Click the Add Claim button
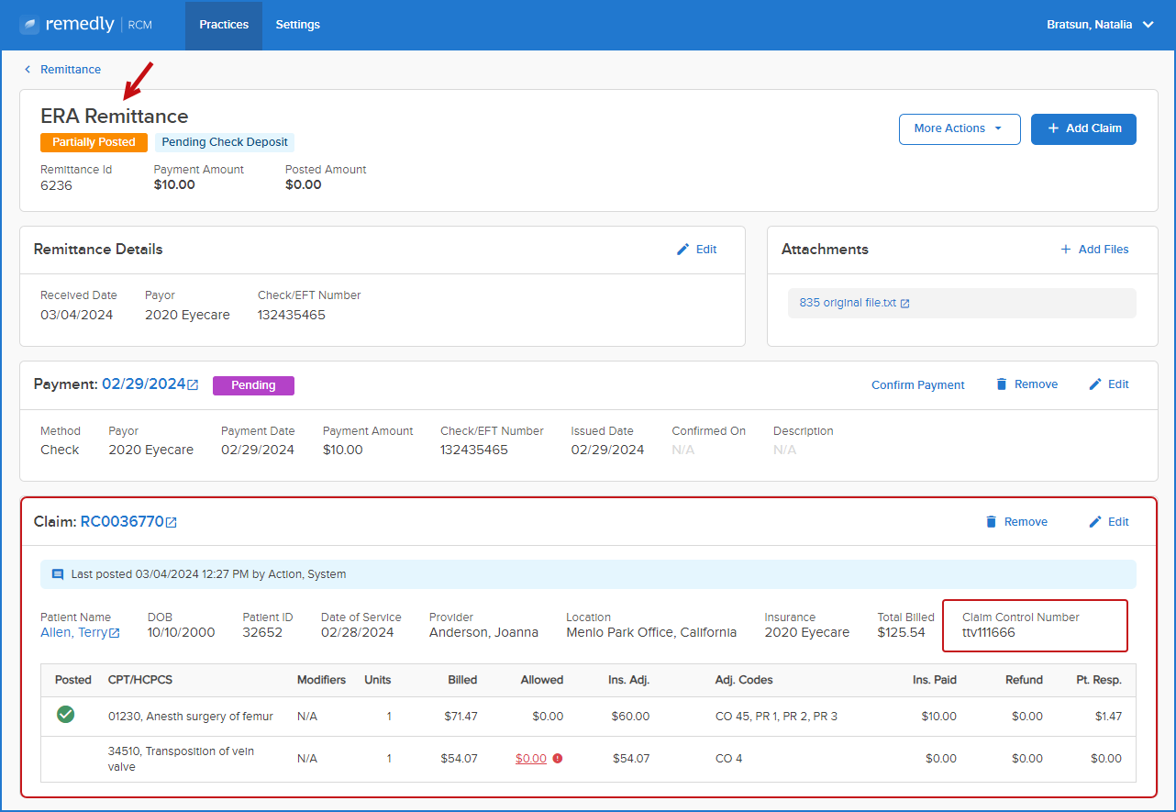(x=1083, y=128)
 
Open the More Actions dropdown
(x=960, y=128)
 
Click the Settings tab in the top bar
(x=298, y=25)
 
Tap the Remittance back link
(x=71, y=70)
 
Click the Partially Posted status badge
(x=94, y=142)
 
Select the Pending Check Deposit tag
(x=224, y=142)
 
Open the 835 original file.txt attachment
(x=854, y=303)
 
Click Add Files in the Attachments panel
(x=1094, y=250)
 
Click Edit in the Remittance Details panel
(x=696, y=250)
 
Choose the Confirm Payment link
(x=917, y=385)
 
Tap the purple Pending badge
(x=253, y=385)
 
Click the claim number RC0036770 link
(x=128, y=521)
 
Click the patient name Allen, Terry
(x=80, y=632)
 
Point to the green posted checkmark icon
(x=66, y=715)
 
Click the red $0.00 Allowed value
(x=531, y=759)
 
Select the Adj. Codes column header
(x=743, y=680)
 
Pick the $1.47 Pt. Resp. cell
(x=1108, y=717)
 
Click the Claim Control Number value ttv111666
(x=989, y=632)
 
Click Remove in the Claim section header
(x=1016, y=521)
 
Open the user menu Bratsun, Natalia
(x=1099, y=25)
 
